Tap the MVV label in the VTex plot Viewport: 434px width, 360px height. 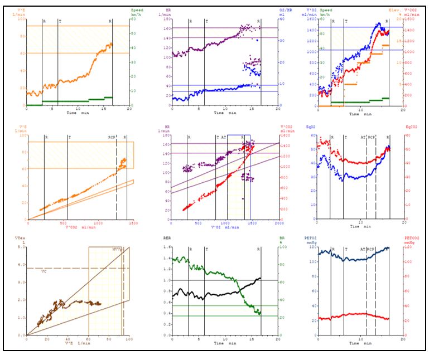tap(117, 249)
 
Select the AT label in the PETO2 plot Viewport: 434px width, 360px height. tap(362, 249)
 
